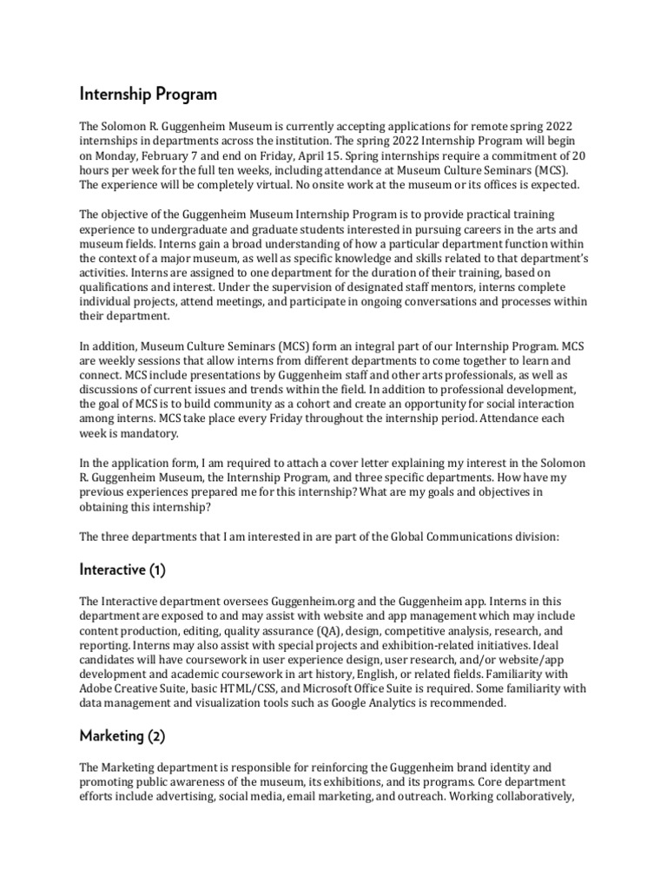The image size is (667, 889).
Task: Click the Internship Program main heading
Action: pyautogui.click(x=149, y=93)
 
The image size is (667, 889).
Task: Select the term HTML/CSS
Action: pyautogui.click(x=233, y=688)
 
